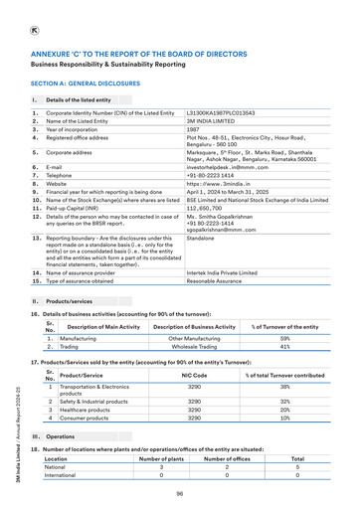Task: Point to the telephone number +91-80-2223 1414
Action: [214, 176]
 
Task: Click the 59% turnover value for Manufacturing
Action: [284, 339]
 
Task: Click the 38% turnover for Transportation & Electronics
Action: [284, 386]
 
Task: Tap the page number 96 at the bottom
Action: [180, 494]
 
